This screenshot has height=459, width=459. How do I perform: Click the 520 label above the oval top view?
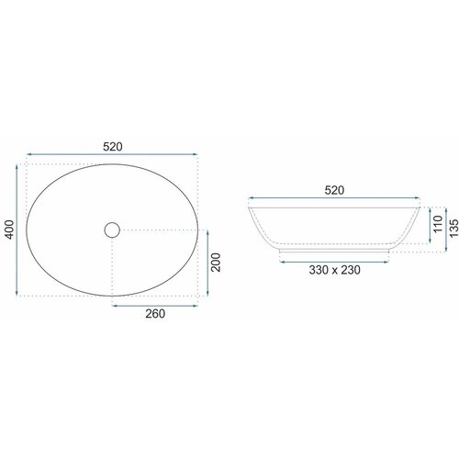click(113, 147)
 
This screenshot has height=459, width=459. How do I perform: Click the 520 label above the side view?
click(334, 190)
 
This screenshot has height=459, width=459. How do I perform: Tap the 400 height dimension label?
click(9, 229)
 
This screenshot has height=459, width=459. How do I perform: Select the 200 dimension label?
click(216, 263)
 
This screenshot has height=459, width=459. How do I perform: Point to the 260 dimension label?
click(155, 314)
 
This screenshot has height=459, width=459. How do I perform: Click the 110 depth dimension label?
click(438, 224)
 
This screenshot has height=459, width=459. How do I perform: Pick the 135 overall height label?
click(453, 228)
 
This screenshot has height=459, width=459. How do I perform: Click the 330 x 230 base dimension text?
click(334, 270)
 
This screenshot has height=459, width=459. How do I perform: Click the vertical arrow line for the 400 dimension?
click(17, 230)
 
